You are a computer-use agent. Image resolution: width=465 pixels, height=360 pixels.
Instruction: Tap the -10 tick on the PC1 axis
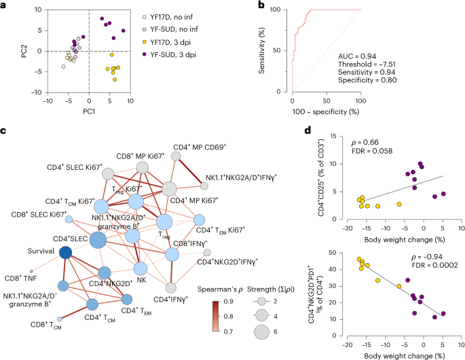pos(47,101)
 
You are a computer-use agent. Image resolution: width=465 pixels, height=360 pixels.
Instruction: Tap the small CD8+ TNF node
pos(31,271)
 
